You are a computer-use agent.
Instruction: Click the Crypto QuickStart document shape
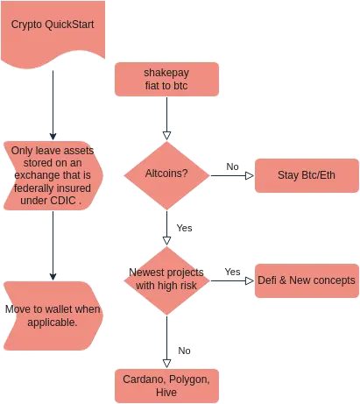click(x=53, y=32)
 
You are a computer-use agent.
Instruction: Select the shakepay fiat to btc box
click(x=166, y=79)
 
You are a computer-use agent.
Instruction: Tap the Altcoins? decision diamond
click(x=166, y=175)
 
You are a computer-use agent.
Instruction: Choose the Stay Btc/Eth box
click(x=307, y=175)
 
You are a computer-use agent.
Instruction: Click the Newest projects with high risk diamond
click(x=166, y=280)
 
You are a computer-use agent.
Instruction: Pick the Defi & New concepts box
click(x=307, y=280)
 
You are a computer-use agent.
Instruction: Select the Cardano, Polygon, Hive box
click(x=166, y=386)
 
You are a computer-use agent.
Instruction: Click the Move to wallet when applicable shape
click(x=53, y=315)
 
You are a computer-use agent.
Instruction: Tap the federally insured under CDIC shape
click(x=53, y=175)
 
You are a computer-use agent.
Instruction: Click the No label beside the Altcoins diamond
click(x=232, y=167)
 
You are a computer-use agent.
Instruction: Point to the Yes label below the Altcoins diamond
click(x=184, y=228)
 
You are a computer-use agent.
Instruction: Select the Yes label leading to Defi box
click(x=232, y=272)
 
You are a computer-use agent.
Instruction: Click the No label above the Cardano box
click(x=184, y=351)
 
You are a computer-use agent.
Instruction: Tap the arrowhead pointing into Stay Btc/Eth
click(x=250, y=175)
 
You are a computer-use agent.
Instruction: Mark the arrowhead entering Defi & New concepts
click(x=250, y=280)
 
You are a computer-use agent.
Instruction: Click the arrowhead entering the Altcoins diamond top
click(x=166, y=136)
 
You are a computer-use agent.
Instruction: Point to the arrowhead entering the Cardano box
click(x=166, y=364)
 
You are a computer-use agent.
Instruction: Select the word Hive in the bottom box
click(x=166, y=392)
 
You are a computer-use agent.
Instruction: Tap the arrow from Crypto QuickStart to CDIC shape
click(x=53, y=105)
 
